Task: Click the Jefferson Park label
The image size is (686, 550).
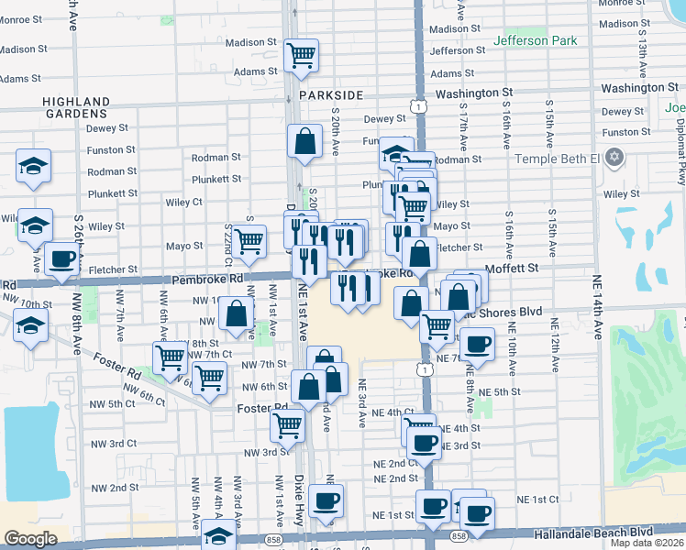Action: (x=535, y=40)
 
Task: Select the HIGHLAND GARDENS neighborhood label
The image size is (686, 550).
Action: (x=75, y=107)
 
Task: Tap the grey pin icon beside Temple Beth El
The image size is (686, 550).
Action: (x=614, y=158)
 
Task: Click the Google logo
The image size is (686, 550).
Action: (x=31, y=539)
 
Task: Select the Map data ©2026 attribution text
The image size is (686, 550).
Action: (x=647, y=543)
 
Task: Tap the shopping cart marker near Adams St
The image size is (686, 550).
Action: (x=301, y=57)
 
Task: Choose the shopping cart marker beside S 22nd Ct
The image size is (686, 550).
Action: (x=249, y=241)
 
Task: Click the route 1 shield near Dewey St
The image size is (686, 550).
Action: (x=418, y=107)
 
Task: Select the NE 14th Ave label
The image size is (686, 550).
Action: (x=597, y=319)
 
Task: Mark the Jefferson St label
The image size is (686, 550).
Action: (x=457, y=51)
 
